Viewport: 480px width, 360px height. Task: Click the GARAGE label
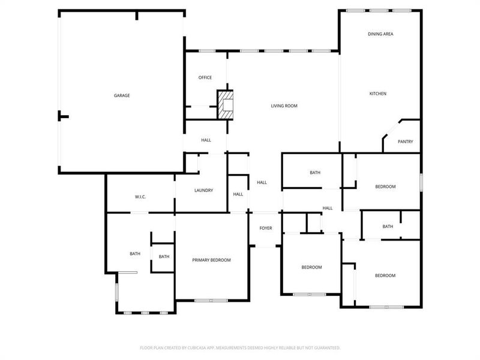(x=122, y=95)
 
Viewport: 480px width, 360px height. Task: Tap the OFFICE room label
(x=205, y=77)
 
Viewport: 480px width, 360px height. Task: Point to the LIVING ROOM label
(x=284, y=106)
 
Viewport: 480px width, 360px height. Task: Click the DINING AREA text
(x=380, y=34)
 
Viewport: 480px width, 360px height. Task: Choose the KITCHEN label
(x=377, y=94)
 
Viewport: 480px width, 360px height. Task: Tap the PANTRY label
(x=406, y=142)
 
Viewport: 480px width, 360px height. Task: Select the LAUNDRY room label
(x=203, y=191)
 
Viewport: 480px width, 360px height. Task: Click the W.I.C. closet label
(x=140, y=197)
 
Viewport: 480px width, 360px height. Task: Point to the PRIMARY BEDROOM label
(x=211, y=260)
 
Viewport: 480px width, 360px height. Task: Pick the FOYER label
(x=265, y=228)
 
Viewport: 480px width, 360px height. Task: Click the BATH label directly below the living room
(x=315, y=173)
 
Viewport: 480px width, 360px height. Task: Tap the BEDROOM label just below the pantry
(x=385, y=187)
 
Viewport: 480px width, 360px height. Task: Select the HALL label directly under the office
(x=206, y=140)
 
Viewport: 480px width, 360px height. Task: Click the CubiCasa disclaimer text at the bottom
(x=240, y=347)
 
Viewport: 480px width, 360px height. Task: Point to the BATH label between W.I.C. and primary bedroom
(x=164, y=257)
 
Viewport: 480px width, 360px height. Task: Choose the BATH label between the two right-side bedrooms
(x=388, y=227)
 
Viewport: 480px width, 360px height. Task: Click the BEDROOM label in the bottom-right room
(x=385, y=275)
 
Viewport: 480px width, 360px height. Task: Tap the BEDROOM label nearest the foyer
(x=311, y=267)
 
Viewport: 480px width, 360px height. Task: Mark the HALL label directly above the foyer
(x=262, y=182)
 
